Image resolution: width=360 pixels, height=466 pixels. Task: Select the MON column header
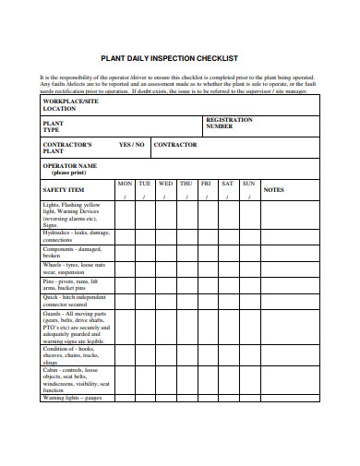125,184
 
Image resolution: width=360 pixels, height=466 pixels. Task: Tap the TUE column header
145,184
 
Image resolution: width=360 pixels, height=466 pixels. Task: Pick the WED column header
165,184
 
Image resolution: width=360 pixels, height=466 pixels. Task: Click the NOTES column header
274,189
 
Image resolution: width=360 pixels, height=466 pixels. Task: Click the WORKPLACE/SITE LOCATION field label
70,104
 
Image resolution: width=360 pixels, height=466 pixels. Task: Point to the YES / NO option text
132,145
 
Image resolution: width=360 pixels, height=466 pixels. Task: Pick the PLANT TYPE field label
53,126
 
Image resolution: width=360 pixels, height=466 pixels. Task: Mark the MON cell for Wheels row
125,269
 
